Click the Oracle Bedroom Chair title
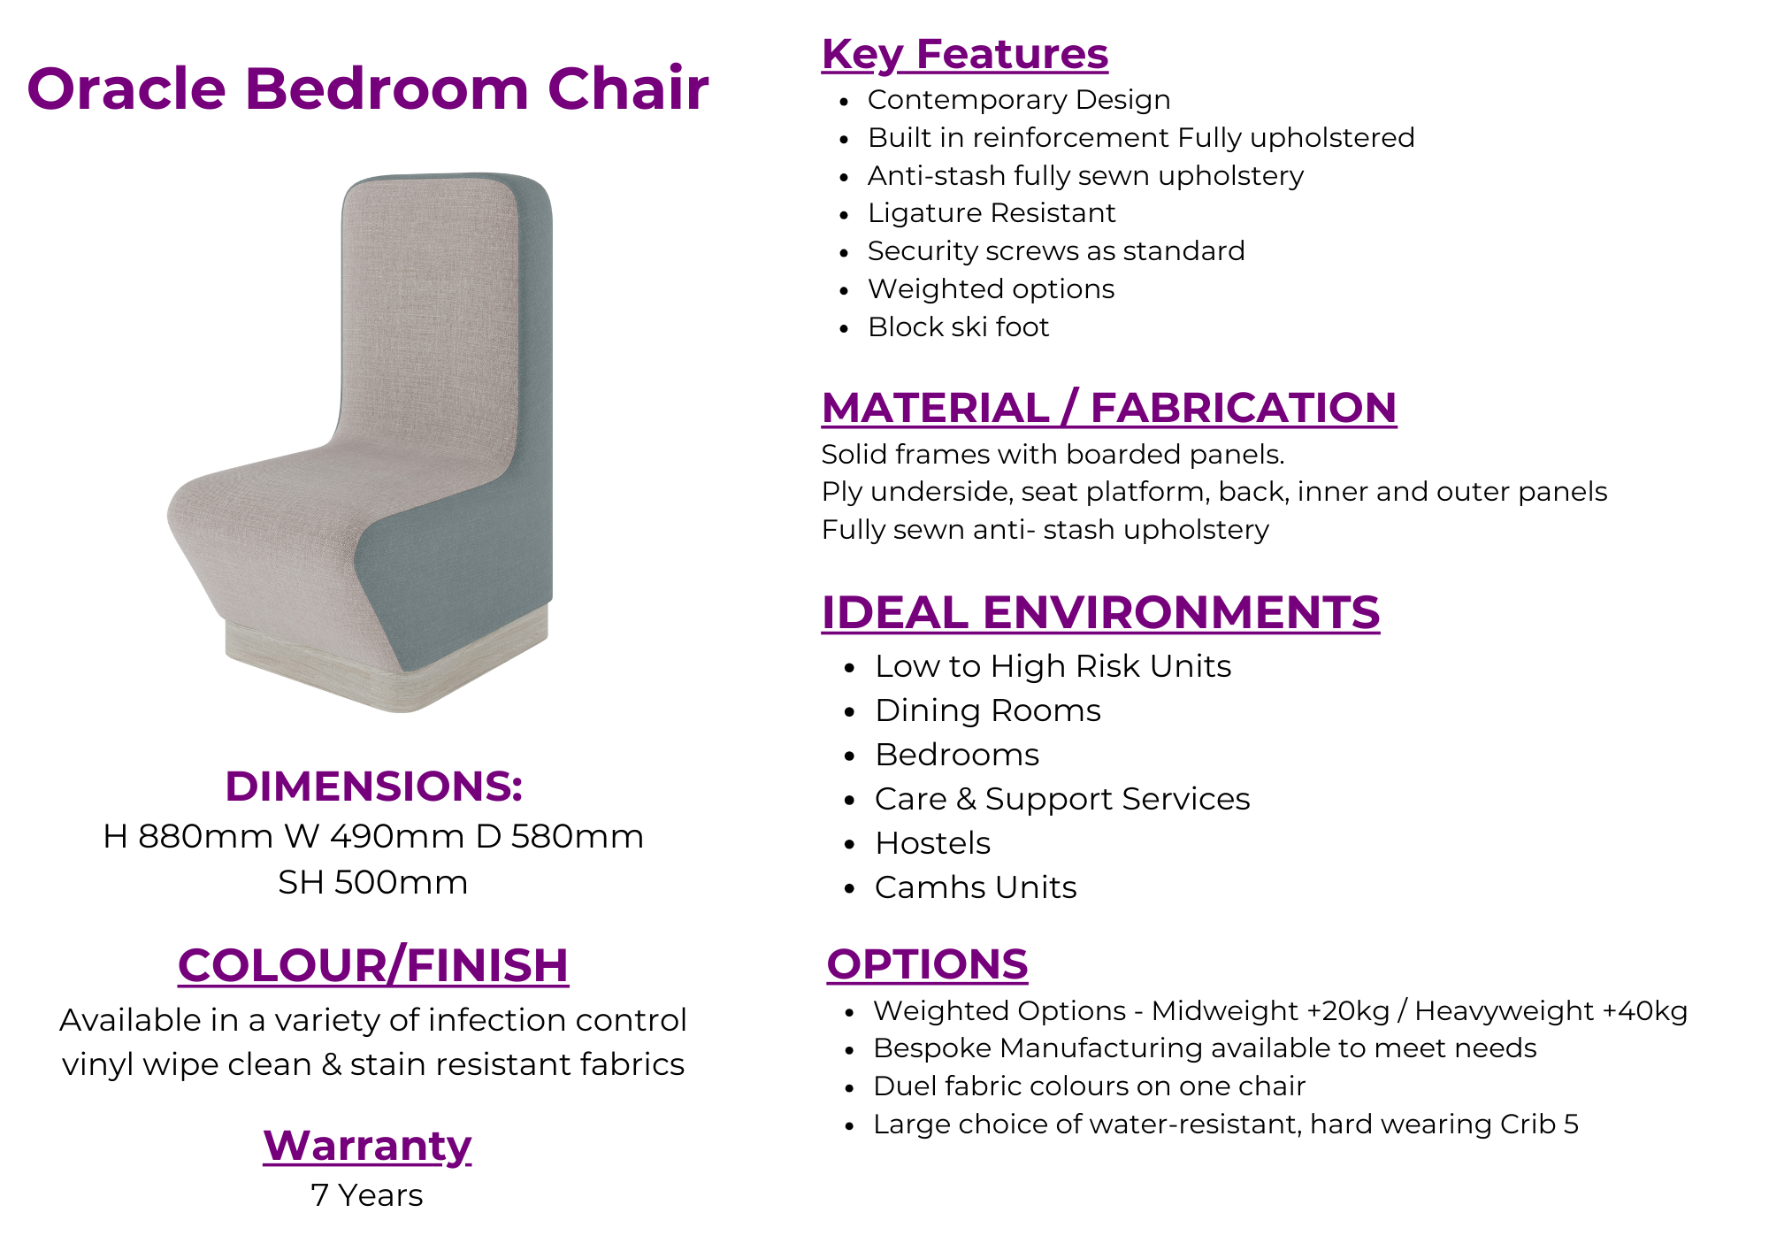coord(368,88)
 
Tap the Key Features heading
coord(965,54)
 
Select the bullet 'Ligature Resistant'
coord(992,213)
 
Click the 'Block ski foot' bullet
coord(958,327)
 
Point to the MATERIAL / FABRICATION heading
coord(1109,408)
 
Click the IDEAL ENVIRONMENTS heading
coord(1100,612)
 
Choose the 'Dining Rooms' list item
coord(988,710)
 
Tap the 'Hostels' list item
coord(932,843)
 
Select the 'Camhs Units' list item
coord(976,887)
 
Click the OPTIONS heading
coord(927,964)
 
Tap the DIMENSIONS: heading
coord(373,786)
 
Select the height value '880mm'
coord(205,836)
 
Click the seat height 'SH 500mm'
coord(373,882)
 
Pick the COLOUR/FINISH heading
coord(373,965)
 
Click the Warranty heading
coord(367,1146)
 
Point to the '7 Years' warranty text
coord(367,1195)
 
